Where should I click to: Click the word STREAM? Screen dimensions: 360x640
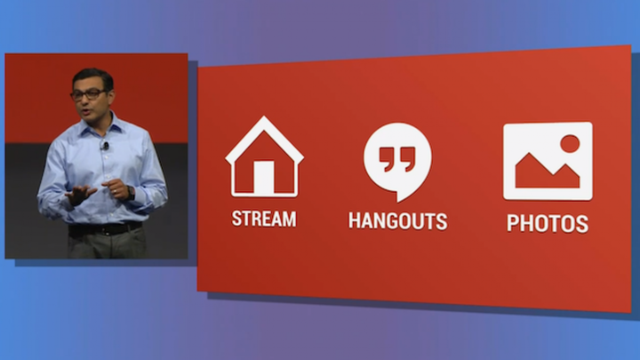click(264, 219)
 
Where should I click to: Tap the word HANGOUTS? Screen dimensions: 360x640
click(397, 220)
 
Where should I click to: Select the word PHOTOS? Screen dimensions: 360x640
click(547, 223)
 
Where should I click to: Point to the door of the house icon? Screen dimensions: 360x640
click(264, 177)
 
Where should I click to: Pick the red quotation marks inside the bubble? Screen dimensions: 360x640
click(396, 158)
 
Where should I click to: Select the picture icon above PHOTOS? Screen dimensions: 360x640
click(548, 161)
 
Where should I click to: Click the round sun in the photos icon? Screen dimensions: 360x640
click(570, 143)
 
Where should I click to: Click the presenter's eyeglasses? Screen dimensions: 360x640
click(89, 93)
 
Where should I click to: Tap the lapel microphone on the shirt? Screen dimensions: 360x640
click(105, 145)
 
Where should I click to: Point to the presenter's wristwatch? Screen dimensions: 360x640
click(131, 192)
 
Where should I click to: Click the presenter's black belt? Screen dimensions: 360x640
click(104, 229)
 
